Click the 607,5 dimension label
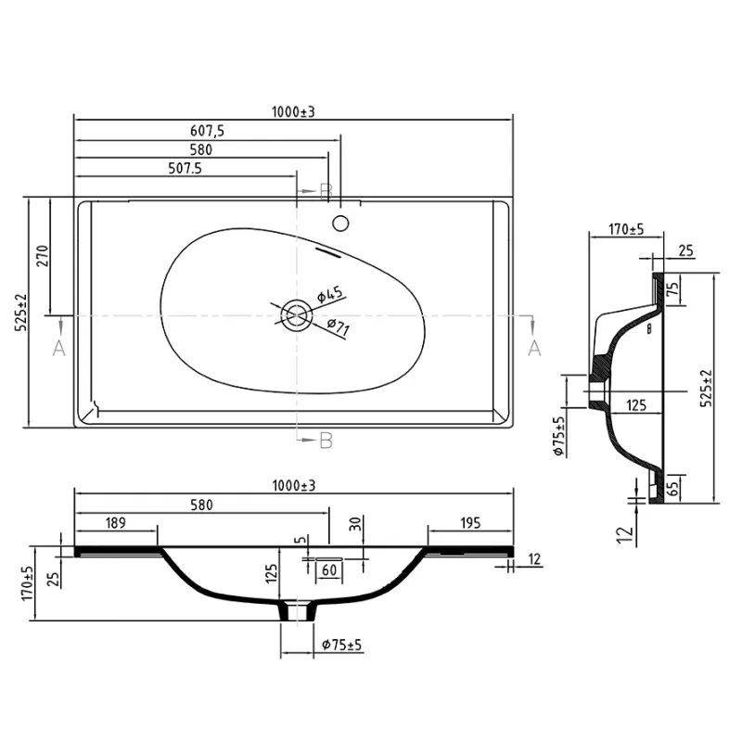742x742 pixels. point(207,130)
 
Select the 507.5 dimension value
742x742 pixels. point(185,168)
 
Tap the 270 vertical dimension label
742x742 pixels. point(43,256)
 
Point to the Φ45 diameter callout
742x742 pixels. point(330,294)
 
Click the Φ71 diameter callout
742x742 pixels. point(338,327)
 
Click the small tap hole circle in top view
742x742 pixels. point(340,224)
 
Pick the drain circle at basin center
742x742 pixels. point(296,315)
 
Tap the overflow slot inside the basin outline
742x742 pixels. point(327,252)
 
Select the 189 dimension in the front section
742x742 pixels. point(115,522)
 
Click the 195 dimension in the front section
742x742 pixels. point(470,522)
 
